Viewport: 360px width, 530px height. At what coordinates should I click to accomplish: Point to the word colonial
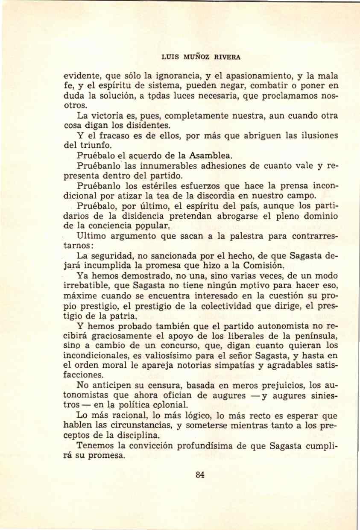(171, 405)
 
